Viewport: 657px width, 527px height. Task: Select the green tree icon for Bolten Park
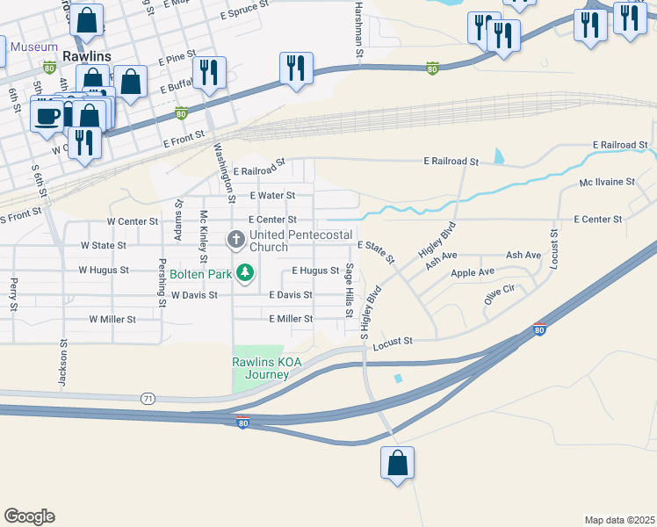tap(247, 273)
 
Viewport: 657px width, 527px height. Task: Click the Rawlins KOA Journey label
tap(261, 368)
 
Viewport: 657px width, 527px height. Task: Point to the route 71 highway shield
tap(148, 399)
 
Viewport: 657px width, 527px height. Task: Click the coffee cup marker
tap(47, 116)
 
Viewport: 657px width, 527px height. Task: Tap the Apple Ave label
tap(473, 273)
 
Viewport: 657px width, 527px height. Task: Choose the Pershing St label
tap(162, 281)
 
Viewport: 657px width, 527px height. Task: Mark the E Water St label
tap(272, 195)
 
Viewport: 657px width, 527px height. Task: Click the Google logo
tap(30, 516)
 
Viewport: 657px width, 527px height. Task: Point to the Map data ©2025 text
tap(619, 520)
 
